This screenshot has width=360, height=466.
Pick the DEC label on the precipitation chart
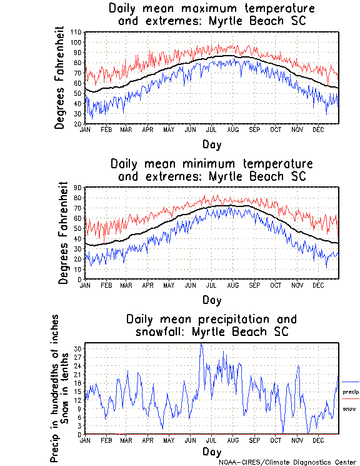point(319,440)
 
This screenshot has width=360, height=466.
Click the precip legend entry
point(349,392)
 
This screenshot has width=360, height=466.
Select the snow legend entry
point(349,408)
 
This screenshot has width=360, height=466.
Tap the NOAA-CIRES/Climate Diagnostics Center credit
point(288,462)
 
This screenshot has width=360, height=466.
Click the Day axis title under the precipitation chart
point(211,452)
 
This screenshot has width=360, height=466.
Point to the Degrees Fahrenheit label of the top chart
point(60,78)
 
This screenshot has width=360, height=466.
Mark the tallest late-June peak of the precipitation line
point(201,344)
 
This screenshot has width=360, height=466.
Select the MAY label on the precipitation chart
point(169,440)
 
